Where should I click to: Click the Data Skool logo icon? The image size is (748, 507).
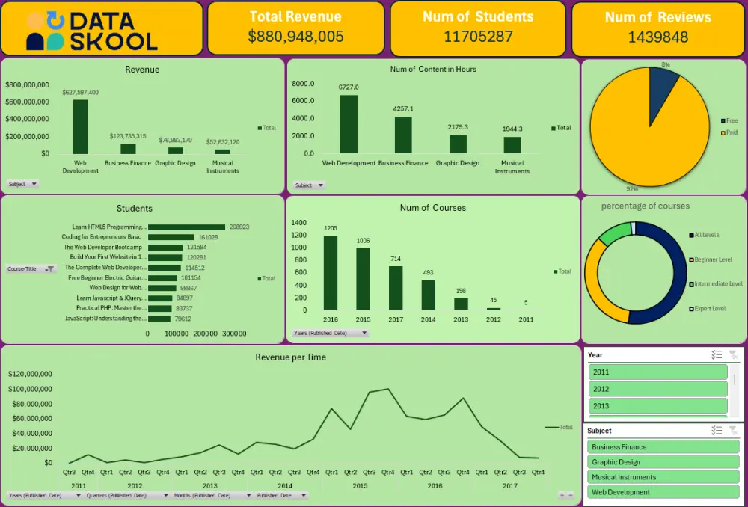pyautogui.click(x=46, y=31)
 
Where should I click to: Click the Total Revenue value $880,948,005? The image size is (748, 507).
pyautogui.click(x=295, y=37)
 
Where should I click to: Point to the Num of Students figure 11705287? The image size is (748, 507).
pyautogui.click(x=478, y=37)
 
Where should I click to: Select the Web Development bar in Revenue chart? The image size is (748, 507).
pyautogui.click(x=80, y=126)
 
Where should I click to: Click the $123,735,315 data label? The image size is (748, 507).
pyautogui.click(x=128, y=136)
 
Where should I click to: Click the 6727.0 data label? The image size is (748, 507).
pyautogui.click(x=349, y=87)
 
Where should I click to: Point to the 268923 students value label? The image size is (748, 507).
pyautogui.click(x=239, y=227)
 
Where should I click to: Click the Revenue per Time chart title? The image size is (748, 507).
pyautogui.click(x=290, y=357)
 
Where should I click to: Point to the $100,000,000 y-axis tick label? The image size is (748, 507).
pyautogui.click(x=31, y=389)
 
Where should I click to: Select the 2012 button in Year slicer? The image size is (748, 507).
pyautogui.click(x=657, y=389)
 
